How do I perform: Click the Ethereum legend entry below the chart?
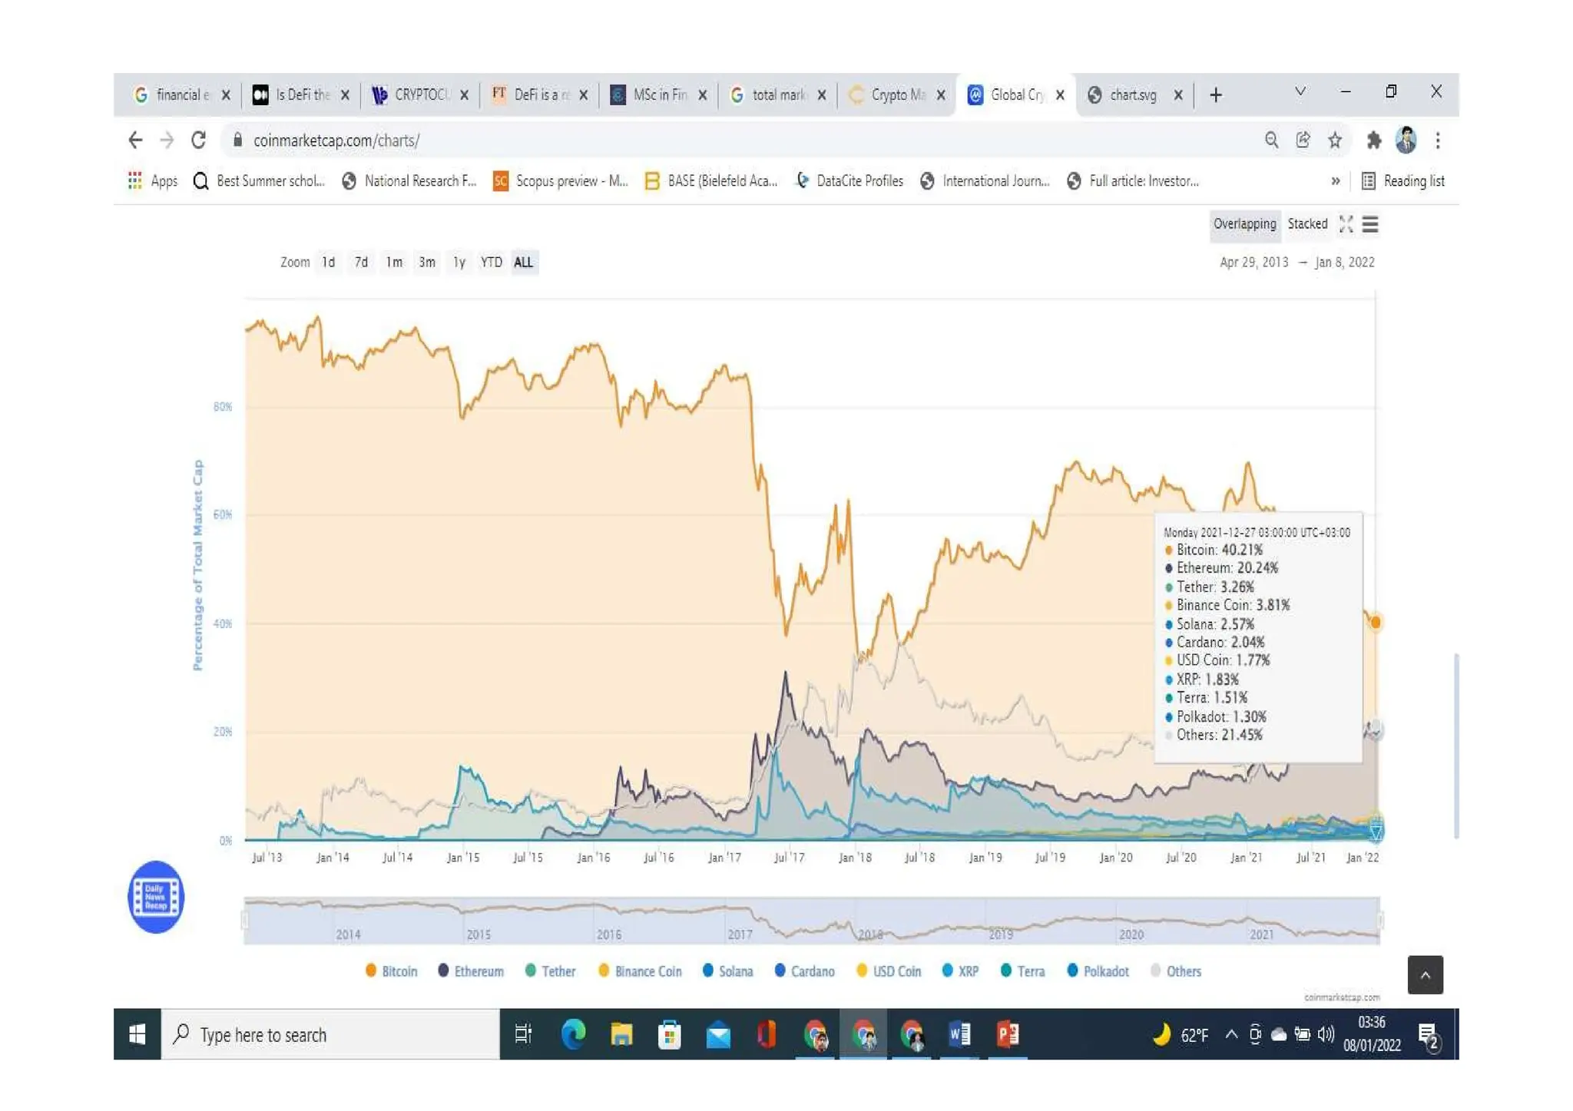point(471,971)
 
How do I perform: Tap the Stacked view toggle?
point(1307,224)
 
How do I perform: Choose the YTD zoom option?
point(491,263)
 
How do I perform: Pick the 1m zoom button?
point(394,263)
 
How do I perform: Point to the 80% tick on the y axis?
point(222,407)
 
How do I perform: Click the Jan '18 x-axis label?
point(855,858)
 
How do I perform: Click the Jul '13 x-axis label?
point(267,858)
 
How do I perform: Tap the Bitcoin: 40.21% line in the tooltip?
point(1219,550)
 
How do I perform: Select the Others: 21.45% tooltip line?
point(1219,735)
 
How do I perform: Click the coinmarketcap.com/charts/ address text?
point(336,141)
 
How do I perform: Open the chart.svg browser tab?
point(1133,95)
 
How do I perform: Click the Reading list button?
point(1403,181)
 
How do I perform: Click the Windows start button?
point(137,1034)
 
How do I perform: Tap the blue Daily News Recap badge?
point(156,897)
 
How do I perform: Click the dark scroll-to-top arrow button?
point(1425,975)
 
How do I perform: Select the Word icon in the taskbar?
point(959,1034)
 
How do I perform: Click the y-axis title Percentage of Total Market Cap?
point(198,565)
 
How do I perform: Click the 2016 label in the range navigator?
point(608,934)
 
